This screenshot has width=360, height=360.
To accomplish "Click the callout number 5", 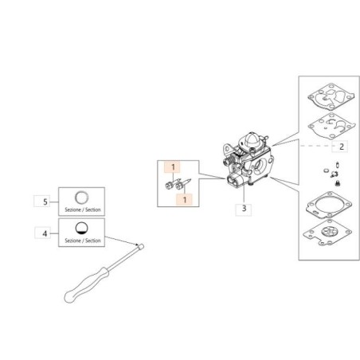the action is [45, 202].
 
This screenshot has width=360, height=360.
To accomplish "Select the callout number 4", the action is [45, 233].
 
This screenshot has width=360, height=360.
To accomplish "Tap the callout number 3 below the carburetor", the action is [244, 209].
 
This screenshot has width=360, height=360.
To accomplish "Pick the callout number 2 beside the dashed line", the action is [342, 147].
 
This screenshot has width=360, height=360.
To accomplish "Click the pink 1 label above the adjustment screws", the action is [173, 167].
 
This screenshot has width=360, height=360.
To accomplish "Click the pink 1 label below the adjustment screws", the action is [185, 199].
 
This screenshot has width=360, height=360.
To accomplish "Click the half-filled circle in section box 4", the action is [82, 229].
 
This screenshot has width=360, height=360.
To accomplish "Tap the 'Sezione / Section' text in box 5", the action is [83, 209].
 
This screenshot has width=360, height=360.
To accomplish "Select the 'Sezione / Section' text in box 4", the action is [83, 241].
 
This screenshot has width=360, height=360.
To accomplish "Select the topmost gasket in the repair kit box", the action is [331, 96].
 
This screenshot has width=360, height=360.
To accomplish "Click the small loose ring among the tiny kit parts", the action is [327, 170].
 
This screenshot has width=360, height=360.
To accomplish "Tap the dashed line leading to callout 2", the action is [316, 146].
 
